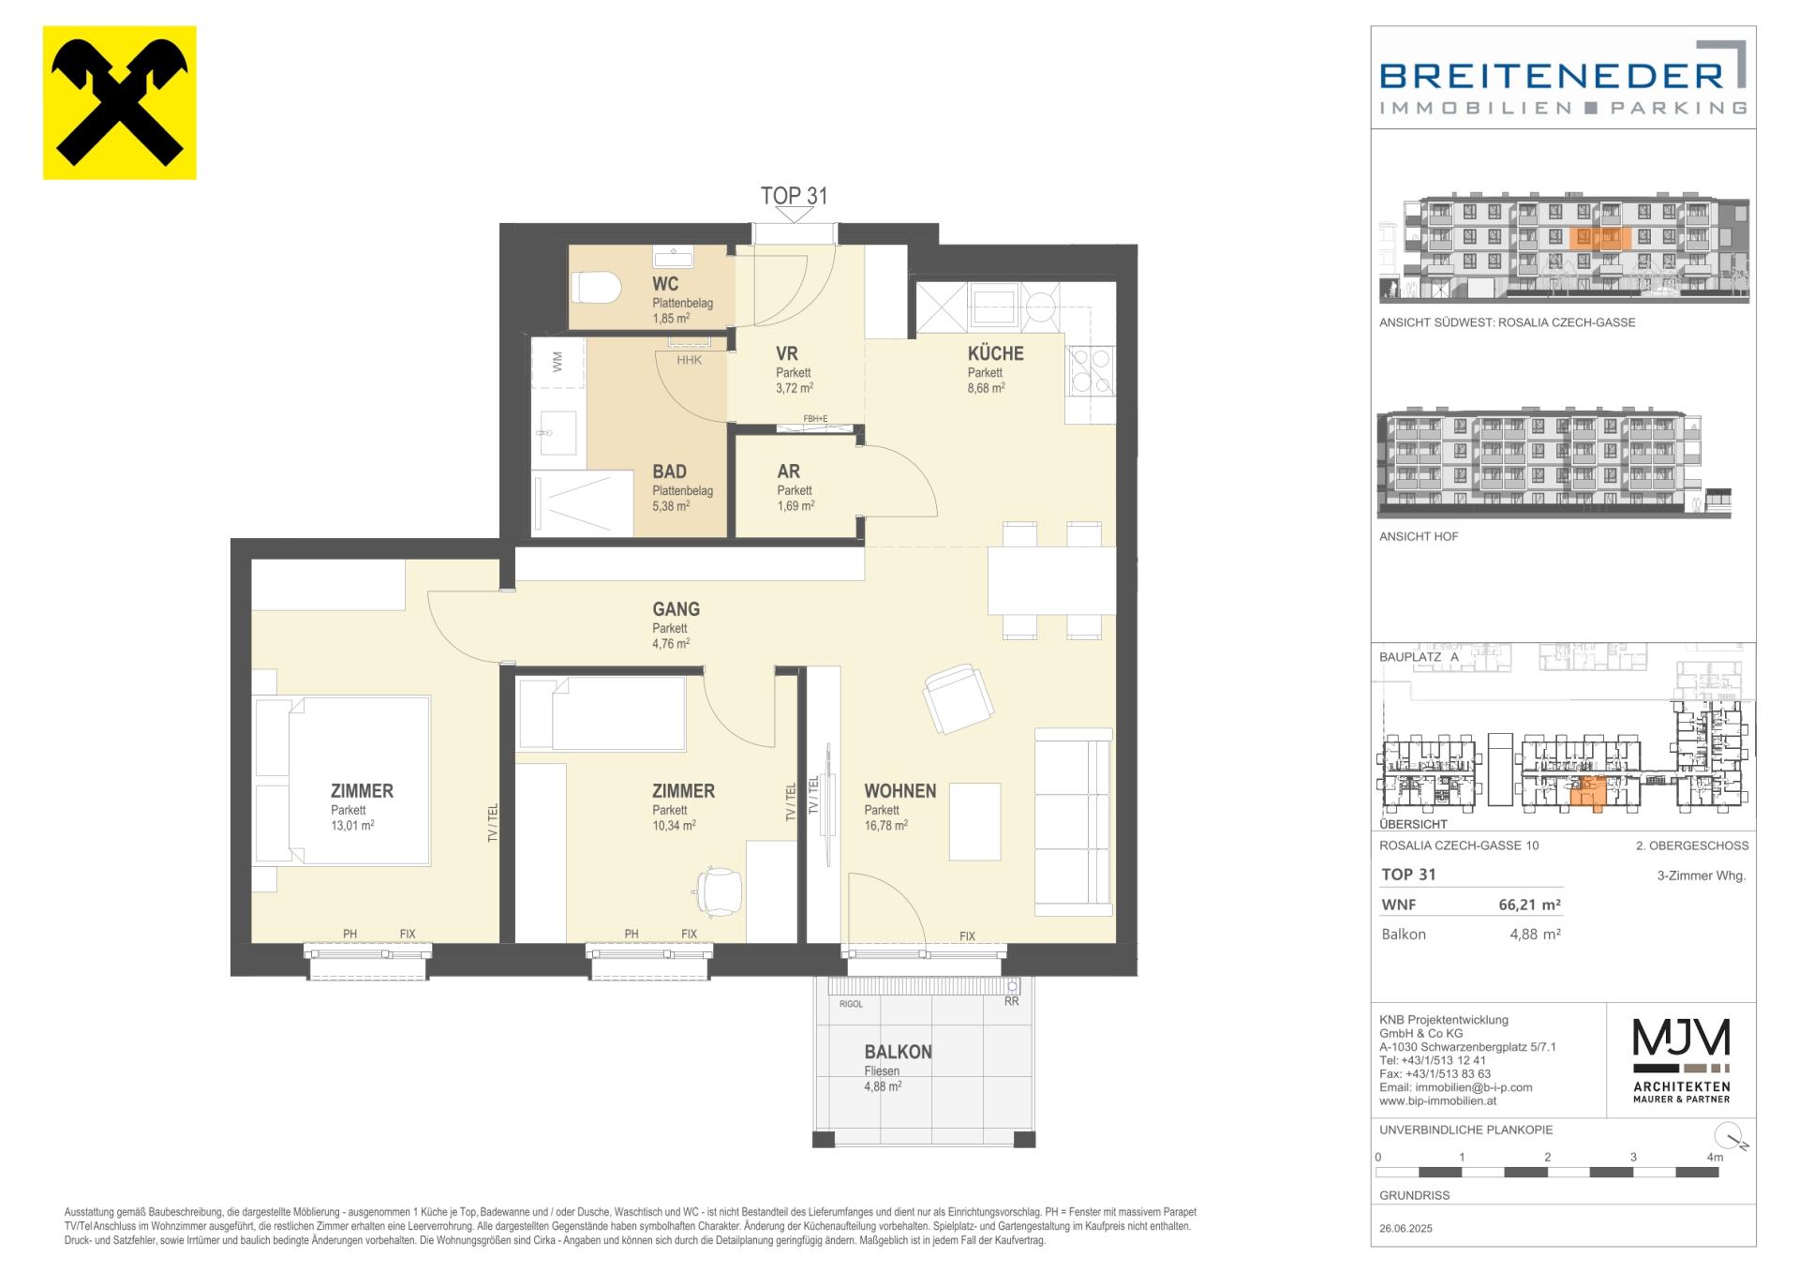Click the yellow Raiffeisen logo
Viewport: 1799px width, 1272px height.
[120, 103]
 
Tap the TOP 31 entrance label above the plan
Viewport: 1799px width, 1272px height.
[794, 196]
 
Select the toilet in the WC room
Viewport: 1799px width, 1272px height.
[596, 287]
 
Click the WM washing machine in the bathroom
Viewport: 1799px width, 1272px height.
[558, 362]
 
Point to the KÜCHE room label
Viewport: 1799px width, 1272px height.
[995, 353]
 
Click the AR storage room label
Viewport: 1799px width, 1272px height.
[788, 471]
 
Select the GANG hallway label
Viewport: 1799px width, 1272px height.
[676, 609]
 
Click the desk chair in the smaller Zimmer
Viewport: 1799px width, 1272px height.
[719, 890]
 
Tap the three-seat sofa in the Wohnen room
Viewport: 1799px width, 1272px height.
[1074, 822]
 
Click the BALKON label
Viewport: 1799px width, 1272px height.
[898, 1052]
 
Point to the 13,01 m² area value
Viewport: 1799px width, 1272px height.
[352, 826]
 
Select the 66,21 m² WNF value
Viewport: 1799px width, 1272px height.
[1529, 905]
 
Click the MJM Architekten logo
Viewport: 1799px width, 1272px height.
[1682, 1059]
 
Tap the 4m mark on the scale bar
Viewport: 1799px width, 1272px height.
[1715, 1158]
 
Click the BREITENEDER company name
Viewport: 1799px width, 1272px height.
[1552, 75]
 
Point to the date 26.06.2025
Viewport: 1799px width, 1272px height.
[1405, 1228]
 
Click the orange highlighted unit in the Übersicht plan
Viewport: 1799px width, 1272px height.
[1586, 793]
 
